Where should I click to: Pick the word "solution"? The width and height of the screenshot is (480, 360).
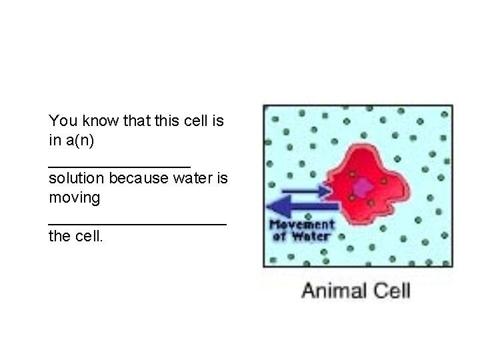(76, 179)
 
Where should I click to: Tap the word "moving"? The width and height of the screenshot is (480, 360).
(74, 198)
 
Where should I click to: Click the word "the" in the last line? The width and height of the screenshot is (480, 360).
(59, 236)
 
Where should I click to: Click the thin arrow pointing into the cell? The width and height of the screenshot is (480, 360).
(306, 191)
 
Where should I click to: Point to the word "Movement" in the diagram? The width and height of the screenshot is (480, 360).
(301, 225)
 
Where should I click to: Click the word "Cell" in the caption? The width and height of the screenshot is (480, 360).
(392, 291)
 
